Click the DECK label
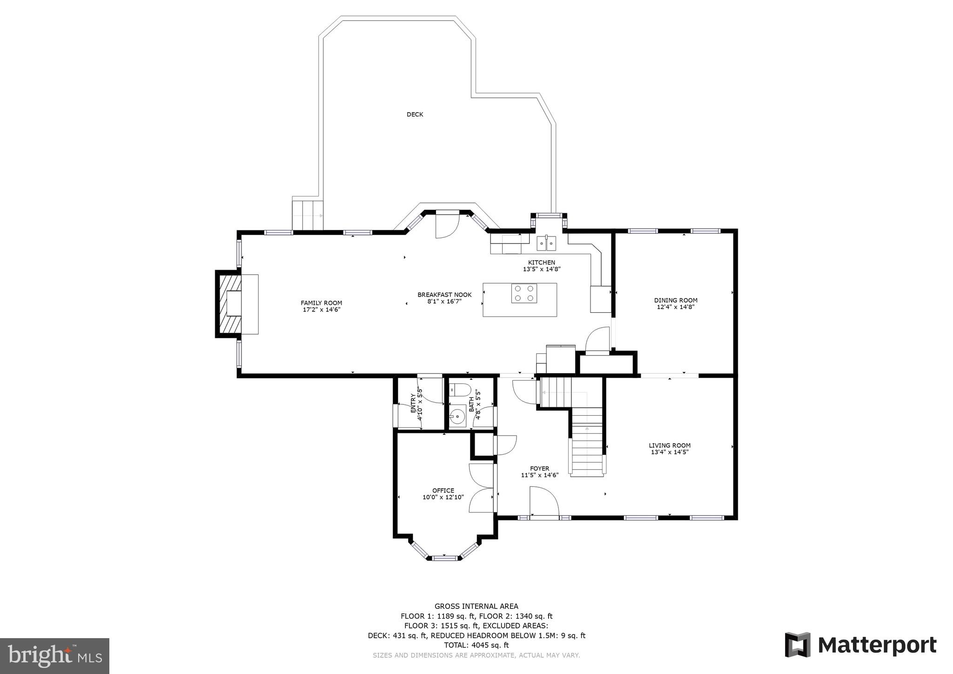pyautogui.click(x=415, y=115)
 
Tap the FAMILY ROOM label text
pyautogui.click(x=321, y=303)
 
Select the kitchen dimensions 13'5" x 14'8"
pyautogui.click(x=541, y=269)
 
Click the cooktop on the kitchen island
pyautogui.click(x=524, y=293)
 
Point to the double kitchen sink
pyautogui.click(x=546, y=243)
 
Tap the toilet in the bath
pyautogui.click(x=460, y=390)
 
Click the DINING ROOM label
pyautogui.click(x=676, y=300)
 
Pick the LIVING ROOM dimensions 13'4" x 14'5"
pyautogui.click(x=669, y=452)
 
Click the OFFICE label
pyautogui.click(x=443, y=491)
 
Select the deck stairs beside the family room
pyautogui.click(x=307, y=215)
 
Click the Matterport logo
pyautogui.click(x=860, y=645)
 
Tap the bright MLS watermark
pyautogui.click(x=54, y=656)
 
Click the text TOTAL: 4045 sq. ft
pyautogui.click(x=476, y=645)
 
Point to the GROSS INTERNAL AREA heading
pyautogui.click(x=476, y=607)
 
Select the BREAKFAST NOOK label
pyautogui.click(x=444, y=295)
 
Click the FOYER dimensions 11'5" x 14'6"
pyautogui.click(x=539, y=475)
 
